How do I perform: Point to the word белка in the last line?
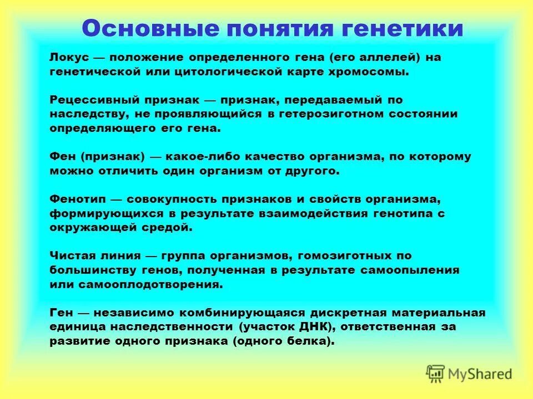click(309, 341)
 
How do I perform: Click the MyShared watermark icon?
click(435, 374)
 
